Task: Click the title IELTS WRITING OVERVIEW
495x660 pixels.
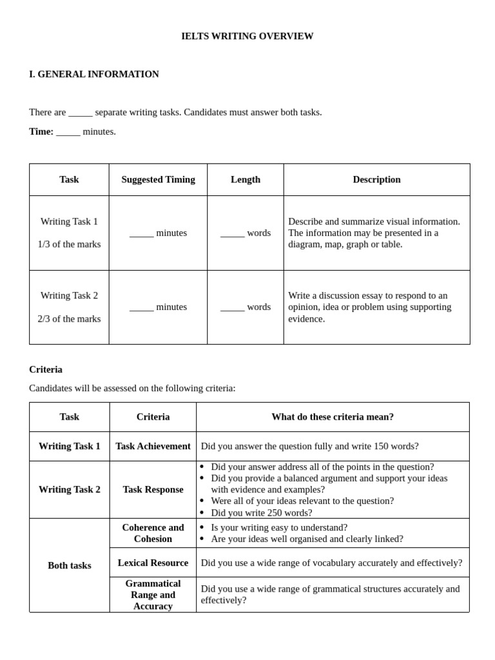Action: coord(247,36)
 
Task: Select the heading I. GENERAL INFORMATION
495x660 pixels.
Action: coord(94,74)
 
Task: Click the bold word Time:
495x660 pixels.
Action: coord(41,131)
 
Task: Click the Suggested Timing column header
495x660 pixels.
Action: coord(158,180)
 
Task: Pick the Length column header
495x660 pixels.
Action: coord(246,180)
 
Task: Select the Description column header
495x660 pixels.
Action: coord(376,180)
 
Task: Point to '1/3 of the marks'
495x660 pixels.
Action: coord(69,244)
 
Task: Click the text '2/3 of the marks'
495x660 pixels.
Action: coord(69,318)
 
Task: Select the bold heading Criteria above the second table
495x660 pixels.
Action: coord(46,369)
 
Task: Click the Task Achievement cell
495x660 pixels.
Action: coord(153,446)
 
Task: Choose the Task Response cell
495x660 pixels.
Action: coord(153,489)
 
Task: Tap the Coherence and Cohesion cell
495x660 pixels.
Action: coord(153,533)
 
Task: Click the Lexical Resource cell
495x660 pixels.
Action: coord(153,563)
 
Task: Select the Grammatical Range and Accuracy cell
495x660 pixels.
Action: coord(153,594)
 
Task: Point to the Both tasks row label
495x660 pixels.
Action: coord(70,565)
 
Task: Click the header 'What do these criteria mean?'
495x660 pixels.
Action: coord(333,417)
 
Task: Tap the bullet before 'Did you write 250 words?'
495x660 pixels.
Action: coord(202,512)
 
